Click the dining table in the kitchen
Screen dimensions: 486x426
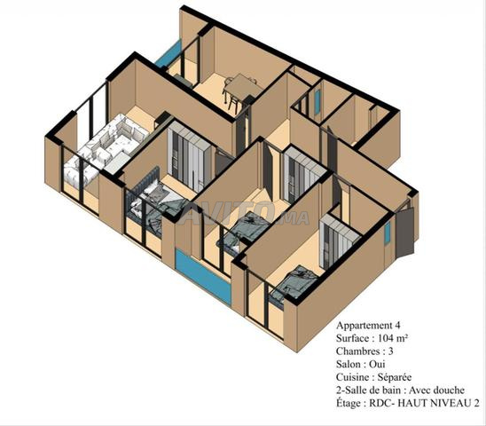coord(242,85)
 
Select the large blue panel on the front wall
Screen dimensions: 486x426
coord(203,276)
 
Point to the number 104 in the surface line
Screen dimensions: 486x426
coord(387,338)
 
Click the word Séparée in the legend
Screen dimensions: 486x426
coord(395,377)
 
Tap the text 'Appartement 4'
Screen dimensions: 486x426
coord(368,325)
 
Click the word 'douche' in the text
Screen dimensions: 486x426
coord(449,390)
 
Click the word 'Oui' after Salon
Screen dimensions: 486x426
coord(377,364)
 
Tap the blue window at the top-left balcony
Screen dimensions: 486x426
coord(168,53)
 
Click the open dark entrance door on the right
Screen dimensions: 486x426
coord(405,231)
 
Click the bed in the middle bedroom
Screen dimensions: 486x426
coord(245,230)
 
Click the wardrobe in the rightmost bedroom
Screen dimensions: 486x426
coord(340,241)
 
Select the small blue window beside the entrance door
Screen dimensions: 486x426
coord(388,233)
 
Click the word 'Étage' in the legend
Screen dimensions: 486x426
coord(348,403)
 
